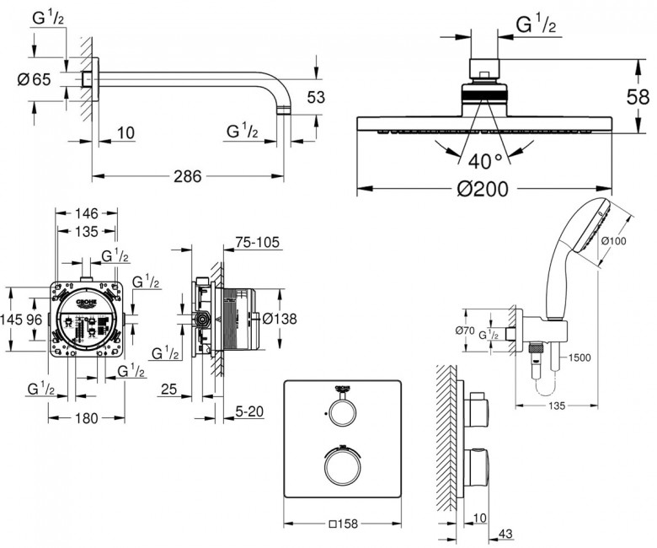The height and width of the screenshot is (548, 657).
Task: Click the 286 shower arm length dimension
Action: click(188, 177)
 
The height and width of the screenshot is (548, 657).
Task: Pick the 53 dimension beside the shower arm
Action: click(315, 98)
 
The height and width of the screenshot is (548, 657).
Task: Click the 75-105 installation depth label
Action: click(256, 243)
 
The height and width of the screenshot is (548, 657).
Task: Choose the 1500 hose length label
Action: click(580, 357)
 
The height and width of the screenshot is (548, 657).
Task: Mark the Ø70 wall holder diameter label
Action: click(465, 330)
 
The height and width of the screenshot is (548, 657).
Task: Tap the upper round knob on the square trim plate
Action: click(342, 412)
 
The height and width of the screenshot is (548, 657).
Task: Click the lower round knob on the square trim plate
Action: click(342, 468)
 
